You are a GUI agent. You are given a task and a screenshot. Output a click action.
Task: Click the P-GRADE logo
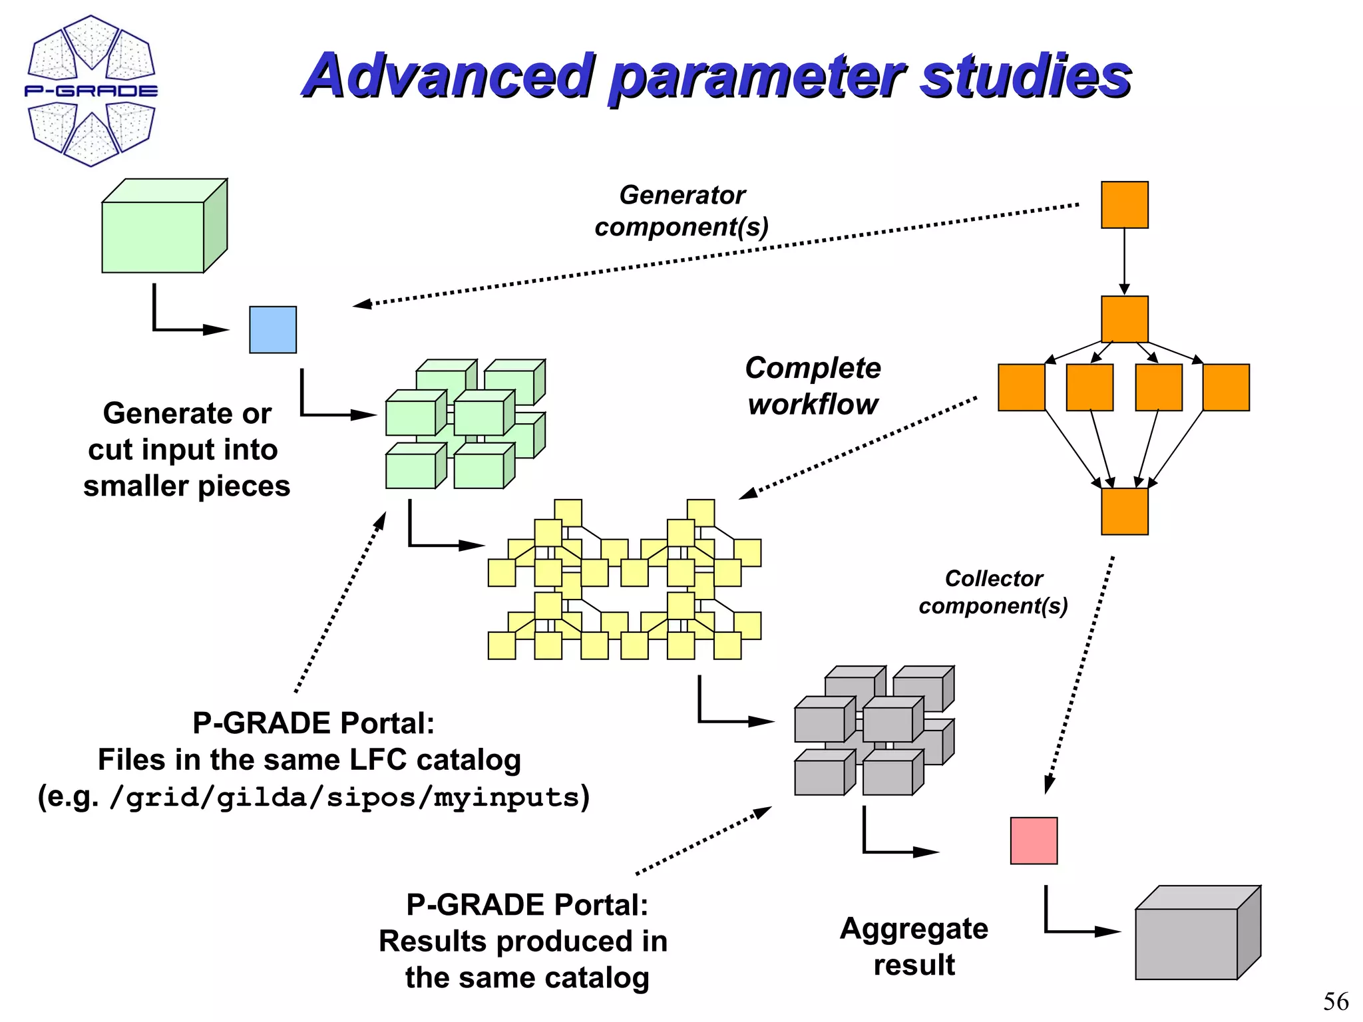(91, 90)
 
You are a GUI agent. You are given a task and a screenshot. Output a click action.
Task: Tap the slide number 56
(1335, 1001)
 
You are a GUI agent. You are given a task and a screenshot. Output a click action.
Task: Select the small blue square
(273, 329)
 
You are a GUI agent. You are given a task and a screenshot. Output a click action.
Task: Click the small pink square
(1034, 840)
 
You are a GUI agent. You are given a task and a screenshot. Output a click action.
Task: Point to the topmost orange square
(1124, 205)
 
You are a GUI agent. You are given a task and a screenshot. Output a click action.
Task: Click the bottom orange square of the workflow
(1124, 511)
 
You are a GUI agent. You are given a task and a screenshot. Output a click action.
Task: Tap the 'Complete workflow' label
(813, 386)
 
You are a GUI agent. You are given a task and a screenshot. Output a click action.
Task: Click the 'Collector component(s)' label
(993, 592)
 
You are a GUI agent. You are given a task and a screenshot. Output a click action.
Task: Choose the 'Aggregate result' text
(914, 946)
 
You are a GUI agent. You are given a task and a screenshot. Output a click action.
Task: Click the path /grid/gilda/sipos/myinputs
(346, 797)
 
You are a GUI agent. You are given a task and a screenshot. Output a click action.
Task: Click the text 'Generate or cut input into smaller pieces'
(186, 450)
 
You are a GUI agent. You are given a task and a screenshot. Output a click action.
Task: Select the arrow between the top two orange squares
(1124, 261)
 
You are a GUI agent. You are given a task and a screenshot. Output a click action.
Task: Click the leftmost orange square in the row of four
(1022, 387)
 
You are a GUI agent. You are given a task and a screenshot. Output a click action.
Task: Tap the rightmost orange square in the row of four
(1226, 387)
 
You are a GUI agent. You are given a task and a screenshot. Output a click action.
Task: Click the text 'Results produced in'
(523, 941)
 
